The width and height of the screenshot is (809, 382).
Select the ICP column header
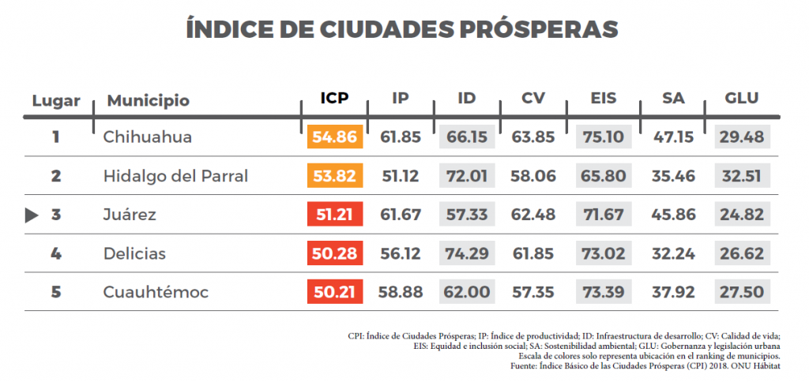334,99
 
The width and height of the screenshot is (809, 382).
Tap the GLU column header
741,99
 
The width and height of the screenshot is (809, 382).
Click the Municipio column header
148,101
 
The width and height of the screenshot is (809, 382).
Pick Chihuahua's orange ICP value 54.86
335,137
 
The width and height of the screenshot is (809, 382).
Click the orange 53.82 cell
335,176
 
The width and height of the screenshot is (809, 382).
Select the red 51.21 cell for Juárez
335,215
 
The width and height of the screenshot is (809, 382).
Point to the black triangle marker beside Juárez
32,215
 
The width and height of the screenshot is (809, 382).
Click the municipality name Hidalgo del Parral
175,176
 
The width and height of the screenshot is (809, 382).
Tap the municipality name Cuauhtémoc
156,292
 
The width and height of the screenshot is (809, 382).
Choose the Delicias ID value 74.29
467,253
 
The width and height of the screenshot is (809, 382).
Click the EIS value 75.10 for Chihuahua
604,137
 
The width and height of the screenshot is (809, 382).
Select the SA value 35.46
673,176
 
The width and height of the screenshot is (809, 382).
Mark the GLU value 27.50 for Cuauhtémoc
742,292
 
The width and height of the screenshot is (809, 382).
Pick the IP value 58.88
400,292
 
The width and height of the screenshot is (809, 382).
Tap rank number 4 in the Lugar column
55,253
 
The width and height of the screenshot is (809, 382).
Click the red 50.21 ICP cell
335,292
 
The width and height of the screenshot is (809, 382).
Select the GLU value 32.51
742,176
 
